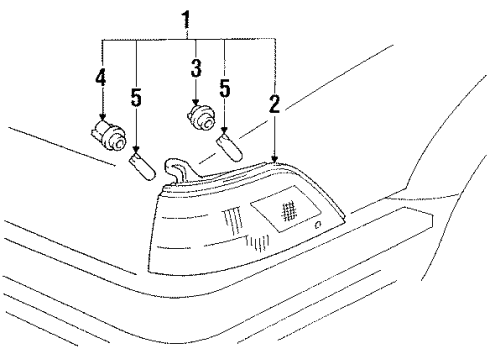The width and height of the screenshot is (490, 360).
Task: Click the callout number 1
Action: [x=185, y=19]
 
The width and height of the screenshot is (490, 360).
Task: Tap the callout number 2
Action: [x=274, y=101]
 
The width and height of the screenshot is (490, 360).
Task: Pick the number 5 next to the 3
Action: [x=225, y=89]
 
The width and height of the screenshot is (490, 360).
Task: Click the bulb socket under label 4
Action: [x=104, y=133]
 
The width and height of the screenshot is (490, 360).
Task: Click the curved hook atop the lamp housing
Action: [x=176, y=169]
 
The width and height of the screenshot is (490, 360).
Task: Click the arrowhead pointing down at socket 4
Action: [x=103, y=117]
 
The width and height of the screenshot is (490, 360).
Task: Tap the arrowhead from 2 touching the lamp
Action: [x=274, y=160]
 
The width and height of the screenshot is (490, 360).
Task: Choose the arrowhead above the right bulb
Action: [x=225, y=134]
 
